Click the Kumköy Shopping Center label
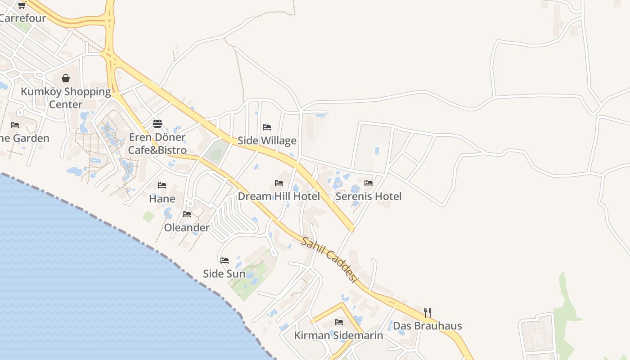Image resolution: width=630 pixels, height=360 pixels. coord(66,98)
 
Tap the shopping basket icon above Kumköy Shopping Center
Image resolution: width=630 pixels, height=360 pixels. coord(66,78)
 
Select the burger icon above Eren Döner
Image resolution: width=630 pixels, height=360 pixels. coord(157,123)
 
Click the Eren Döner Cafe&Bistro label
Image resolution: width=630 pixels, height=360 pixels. coord(157,144)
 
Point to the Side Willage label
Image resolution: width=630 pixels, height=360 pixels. coord(267,141)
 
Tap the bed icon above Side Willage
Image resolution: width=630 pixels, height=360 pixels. coord(267,127)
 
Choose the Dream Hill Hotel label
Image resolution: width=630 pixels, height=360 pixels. coord(279,196)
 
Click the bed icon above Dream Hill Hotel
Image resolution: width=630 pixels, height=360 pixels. coord(279,183)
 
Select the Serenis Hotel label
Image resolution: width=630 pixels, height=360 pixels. coord(369,196)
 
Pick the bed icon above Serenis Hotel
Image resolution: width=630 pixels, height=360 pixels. coord(369,183)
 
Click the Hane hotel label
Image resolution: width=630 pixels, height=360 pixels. coord(162,198)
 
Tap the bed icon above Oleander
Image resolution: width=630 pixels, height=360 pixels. coord(187,214)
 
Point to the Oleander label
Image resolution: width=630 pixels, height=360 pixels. coord(187,228)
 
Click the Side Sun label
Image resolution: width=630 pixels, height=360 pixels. coord(224,274)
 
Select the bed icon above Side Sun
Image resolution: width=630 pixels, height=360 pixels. coord(225,260)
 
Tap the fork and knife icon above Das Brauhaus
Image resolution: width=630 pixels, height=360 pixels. coord(427,312)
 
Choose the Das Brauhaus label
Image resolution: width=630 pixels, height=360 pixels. coord(427,326)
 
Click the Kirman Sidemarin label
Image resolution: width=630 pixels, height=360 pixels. coord(338,336)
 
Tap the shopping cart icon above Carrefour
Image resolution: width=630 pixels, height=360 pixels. coord(22,5)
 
